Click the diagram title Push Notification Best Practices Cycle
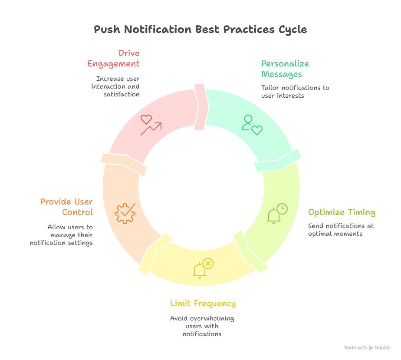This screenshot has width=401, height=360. click(200, 30)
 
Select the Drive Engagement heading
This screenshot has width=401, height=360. click(113, 59)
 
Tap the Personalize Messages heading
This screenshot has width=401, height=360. click(285, 69)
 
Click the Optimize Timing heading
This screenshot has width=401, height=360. click(342, 212)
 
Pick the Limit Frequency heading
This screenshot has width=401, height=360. click(203, 303)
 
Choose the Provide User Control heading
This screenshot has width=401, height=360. click(67, 207)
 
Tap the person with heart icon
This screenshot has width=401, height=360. click(252, 125)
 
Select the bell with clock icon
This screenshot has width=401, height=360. click(277, 213)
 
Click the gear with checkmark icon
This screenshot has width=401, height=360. click(125, 213)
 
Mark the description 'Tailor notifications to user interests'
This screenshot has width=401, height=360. click(295, 92)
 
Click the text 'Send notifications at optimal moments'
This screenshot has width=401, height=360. click(341, 230)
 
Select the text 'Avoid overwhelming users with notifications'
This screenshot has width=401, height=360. click(202, 326)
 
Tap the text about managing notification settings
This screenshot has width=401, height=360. click(61, 235)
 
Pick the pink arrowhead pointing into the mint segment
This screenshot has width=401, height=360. click(201, 106)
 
